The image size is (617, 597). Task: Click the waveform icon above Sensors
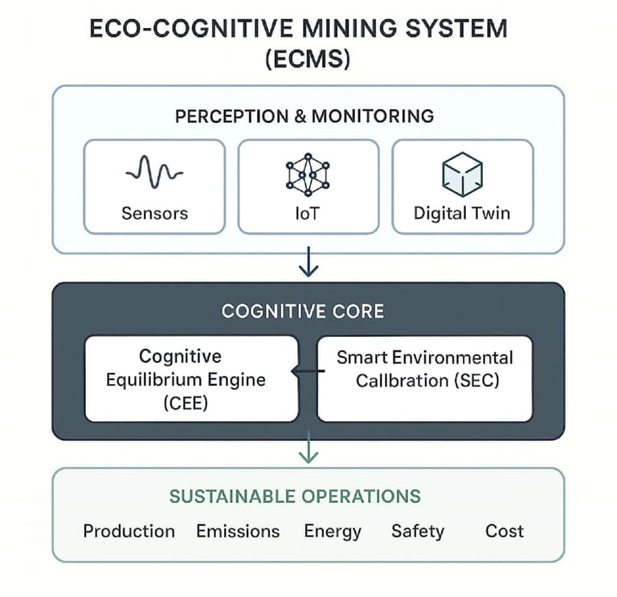[x=154, y=171]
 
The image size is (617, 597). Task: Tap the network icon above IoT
[x=308, y=174]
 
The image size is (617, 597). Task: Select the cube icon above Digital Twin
[x=462, y=174]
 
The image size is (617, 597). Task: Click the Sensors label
[x=154, y=214]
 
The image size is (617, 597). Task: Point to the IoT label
[x=308, y=214]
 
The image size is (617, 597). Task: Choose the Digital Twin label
[x=462, y=214]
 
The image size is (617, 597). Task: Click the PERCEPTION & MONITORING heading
[x=304, y=116]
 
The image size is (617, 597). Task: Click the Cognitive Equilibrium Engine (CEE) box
[x=191, y=378]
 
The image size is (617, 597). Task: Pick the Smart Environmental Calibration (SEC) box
[x=424, y=378]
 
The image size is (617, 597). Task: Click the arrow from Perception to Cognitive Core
[x=308, y=262]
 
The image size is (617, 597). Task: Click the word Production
[x=129, y=531]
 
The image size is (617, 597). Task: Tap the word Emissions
[x=238, y=531]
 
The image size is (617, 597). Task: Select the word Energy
[x=333, y=531]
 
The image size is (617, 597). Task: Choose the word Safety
[x=417, y=531]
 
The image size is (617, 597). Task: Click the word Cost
[x=505, y=531]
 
